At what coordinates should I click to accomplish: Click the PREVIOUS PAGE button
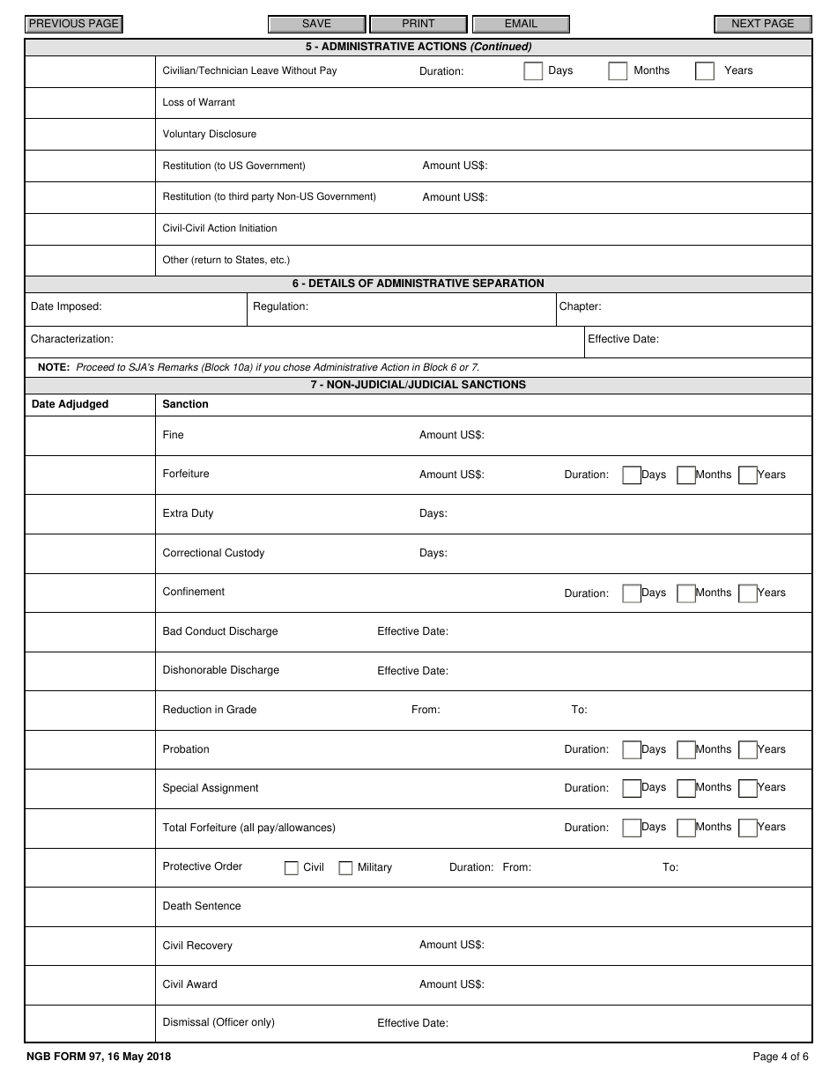pyautogui.click(x=73, y=25)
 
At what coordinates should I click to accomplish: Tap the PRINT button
pyautogui.click(x=418, y=25)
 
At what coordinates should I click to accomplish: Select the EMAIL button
pyautogui.click(x=521, y=25)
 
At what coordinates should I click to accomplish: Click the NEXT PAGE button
pyautogui.click(x=762, y=25)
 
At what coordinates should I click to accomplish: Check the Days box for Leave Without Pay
pyautogui.click(x=533, y=71)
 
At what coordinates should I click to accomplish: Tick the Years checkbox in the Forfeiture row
pyautogui.click(x=748, y=475)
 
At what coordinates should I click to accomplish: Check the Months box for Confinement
pyautogui.click(x=686, y=593)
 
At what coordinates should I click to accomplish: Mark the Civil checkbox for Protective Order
pyautogui.click(x=292, y=868)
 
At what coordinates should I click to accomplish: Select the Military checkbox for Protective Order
pyautogui.click(x=345, y=868)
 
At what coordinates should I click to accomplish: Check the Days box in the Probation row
pyautogui.click(x=632, y=750)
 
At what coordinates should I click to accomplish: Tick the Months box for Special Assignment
pyautogui.click(x=686, y=789)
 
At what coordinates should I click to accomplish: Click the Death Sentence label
pyautogui.click(x=202, y=906)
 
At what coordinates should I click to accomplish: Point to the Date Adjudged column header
pyautogui.click(x=70, y=404)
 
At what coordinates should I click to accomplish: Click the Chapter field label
pyautogui.click(x=580, y=306)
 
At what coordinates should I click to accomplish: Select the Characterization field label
pyautogui.click(x=72, y=339)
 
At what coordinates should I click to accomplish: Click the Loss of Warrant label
pyautogui.click(x=199, y=102)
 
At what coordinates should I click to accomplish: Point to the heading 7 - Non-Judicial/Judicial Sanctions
pyautogui.click(x=418, y=385)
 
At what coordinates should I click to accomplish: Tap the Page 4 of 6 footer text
pyautogui.click(x=780, y=1057)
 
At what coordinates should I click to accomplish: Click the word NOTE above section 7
pyautogui.click(x=54, y=367)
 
